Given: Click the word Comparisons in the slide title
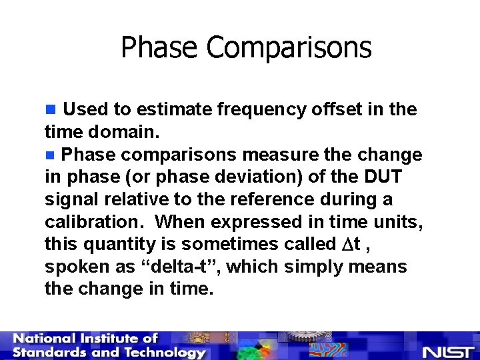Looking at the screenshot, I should click(x=289, y=48).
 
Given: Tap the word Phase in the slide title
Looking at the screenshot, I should click(x=159, y=48).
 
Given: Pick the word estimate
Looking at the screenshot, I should click(x=176, y=109).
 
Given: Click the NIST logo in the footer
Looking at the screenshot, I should click(x=447, y=351).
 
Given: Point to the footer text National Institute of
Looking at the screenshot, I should click(x=85, y=339).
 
